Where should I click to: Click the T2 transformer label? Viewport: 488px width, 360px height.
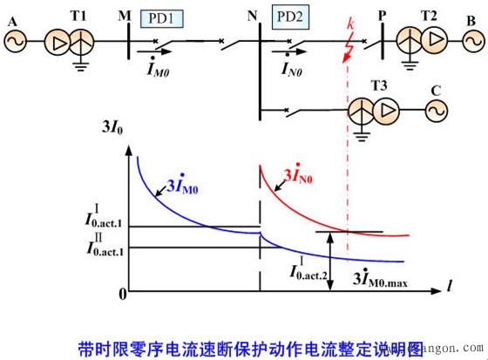(429, 16)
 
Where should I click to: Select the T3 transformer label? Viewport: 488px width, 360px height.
(379, 85)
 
